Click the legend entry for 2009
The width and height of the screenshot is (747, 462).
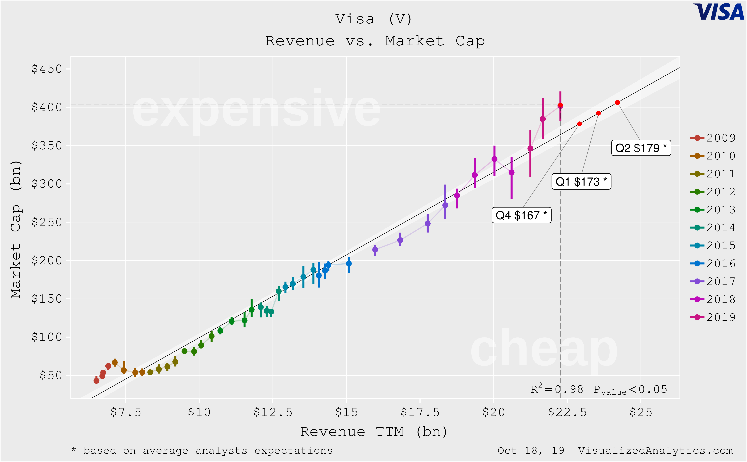pyautogui.click(x=713, y=138)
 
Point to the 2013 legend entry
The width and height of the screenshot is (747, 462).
pyautogui.click(x=713, y=210)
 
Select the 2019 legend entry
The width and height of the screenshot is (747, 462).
pyautogui.click(x=713, y=317)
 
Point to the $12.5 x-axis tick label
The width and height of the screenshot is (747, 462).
pyautogui.click(x=273, y=413)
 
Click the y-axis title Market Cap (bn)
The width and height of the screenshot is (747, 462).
pyautogui.click(x=16, y=229)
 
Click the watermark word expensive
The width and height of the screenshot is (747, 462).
pyautogui.click(x=256, y=109)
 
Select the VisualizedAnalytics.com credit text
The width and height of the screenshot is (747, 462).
pyautogui.click(x=655, y=451)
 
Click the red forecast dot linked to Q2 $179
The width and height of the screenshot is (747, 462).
pyautogui.click(x=617, y=103)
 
